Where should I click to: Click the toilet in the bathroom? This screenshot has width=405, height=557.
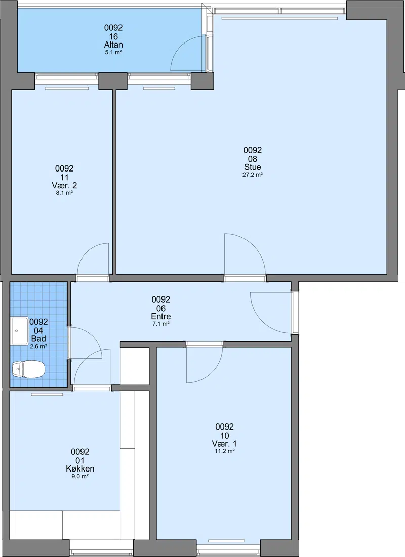pyautogui.click(x=28, y=369)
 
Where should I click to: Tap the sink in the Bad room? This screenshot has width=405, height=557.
pyautogui.click(x=20, y=331)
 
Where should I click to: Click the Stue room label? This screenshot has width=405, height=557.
pyautogui.click(x=253, y=167)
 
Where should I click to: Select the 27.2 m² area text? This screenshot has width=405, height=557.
pyautogui.click(x=253, y=175)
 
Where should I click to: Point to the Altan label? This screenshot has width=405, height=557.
pyautogui.click(x=113, y=45)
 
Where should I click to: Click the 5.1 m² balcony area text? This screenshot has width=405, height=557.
pyautogui.click(x=113, y=52)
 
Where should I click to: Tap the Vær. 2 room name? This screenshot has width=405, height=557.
pyautogui.click(x=64, y=186)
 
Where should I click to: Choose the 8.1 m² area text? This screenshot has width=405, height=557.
pyautogui.click(x=64, y=193)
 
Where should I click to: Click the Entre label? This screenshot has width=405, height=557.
pyautogui.click(x=160, y=317)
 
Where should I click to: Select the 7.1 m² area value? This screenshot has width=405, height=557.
pyautogui.click(x=160, y=324)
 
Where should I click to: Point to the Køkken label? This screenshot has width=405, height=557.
pyautogui.click(x=80, y=468)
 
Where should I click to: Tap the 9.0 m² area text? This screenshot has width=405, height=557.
pyautogui.click(x=80, y=477)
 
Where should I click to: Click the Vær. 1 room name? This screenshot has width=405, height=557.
pyautogui.click(x=224, y=444)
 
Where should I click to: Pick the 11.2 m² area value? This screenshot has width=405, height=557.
pyautogui.click(x=224, y=451)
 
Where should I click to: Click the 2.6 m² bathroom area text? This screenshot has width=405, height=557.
pyautogui.click(x=38, y=347)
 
